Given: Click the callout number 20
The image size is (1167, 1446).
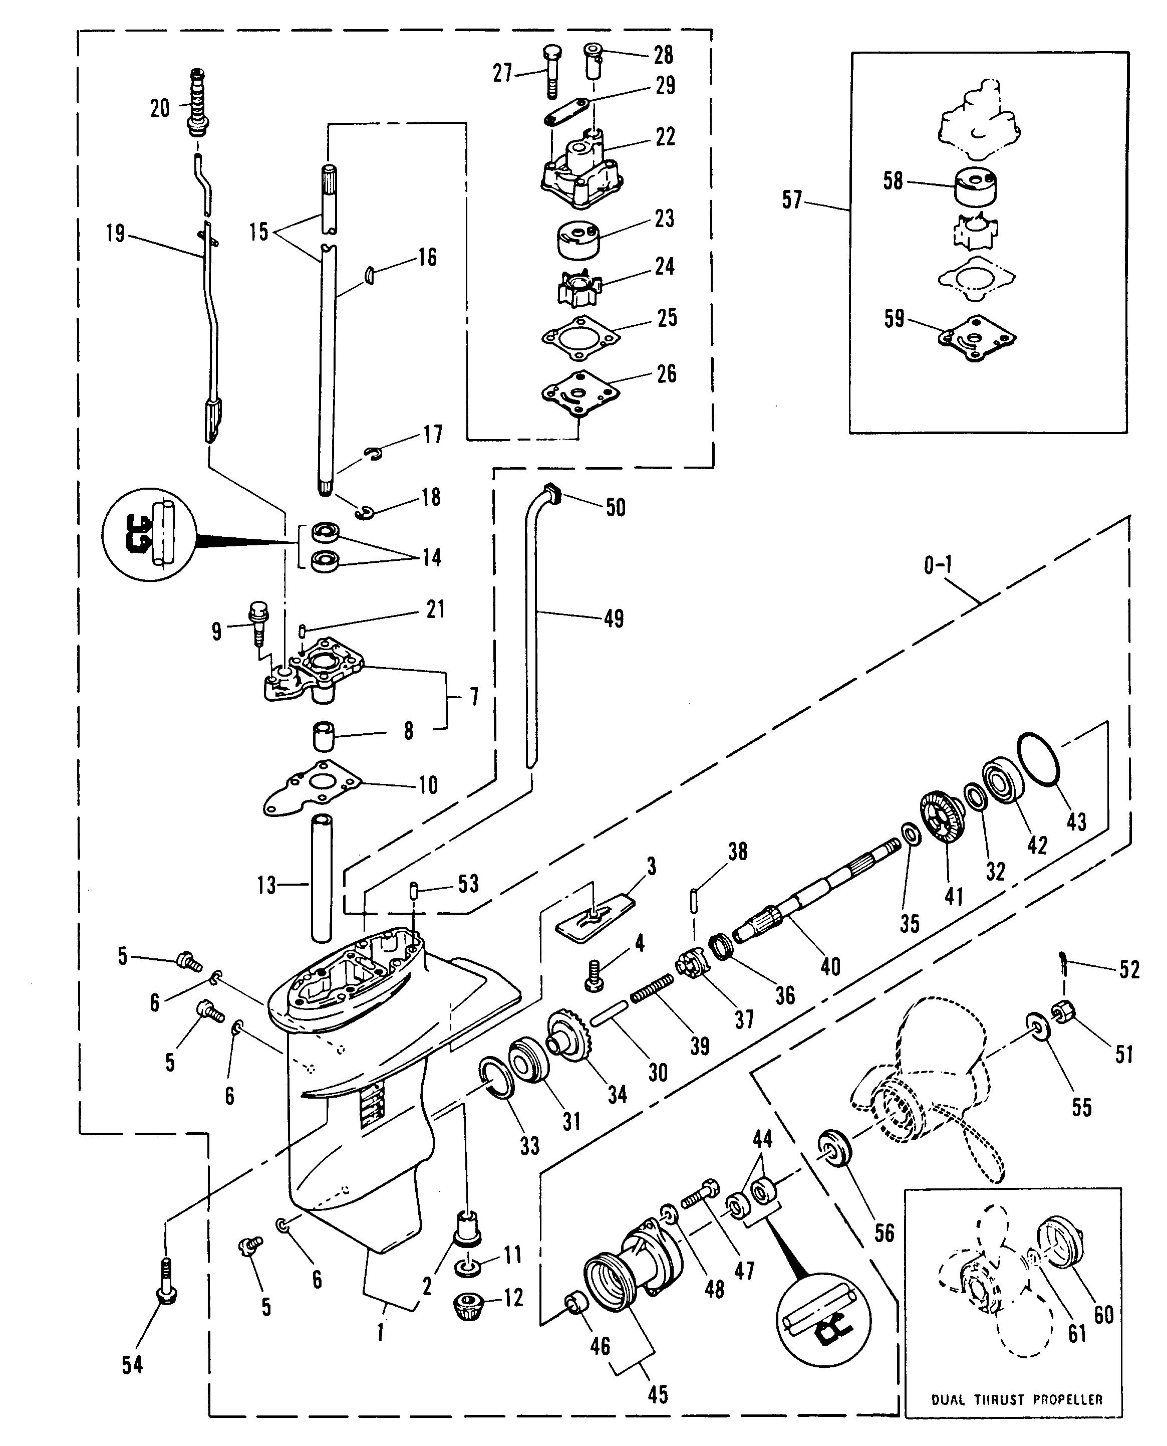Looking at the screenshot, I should pos(160,108).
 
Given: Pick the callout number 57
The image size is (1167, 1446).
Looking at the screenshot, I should pos(792,200).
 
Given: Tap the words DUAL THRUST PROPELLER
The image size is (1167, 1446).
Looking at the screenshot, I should pos(1016,1399).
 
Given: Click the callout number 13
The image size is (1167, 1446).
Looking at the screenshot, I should pos(266,885).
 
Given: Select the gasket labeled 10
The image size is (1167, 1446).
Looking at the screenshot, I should pos(311,789).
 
